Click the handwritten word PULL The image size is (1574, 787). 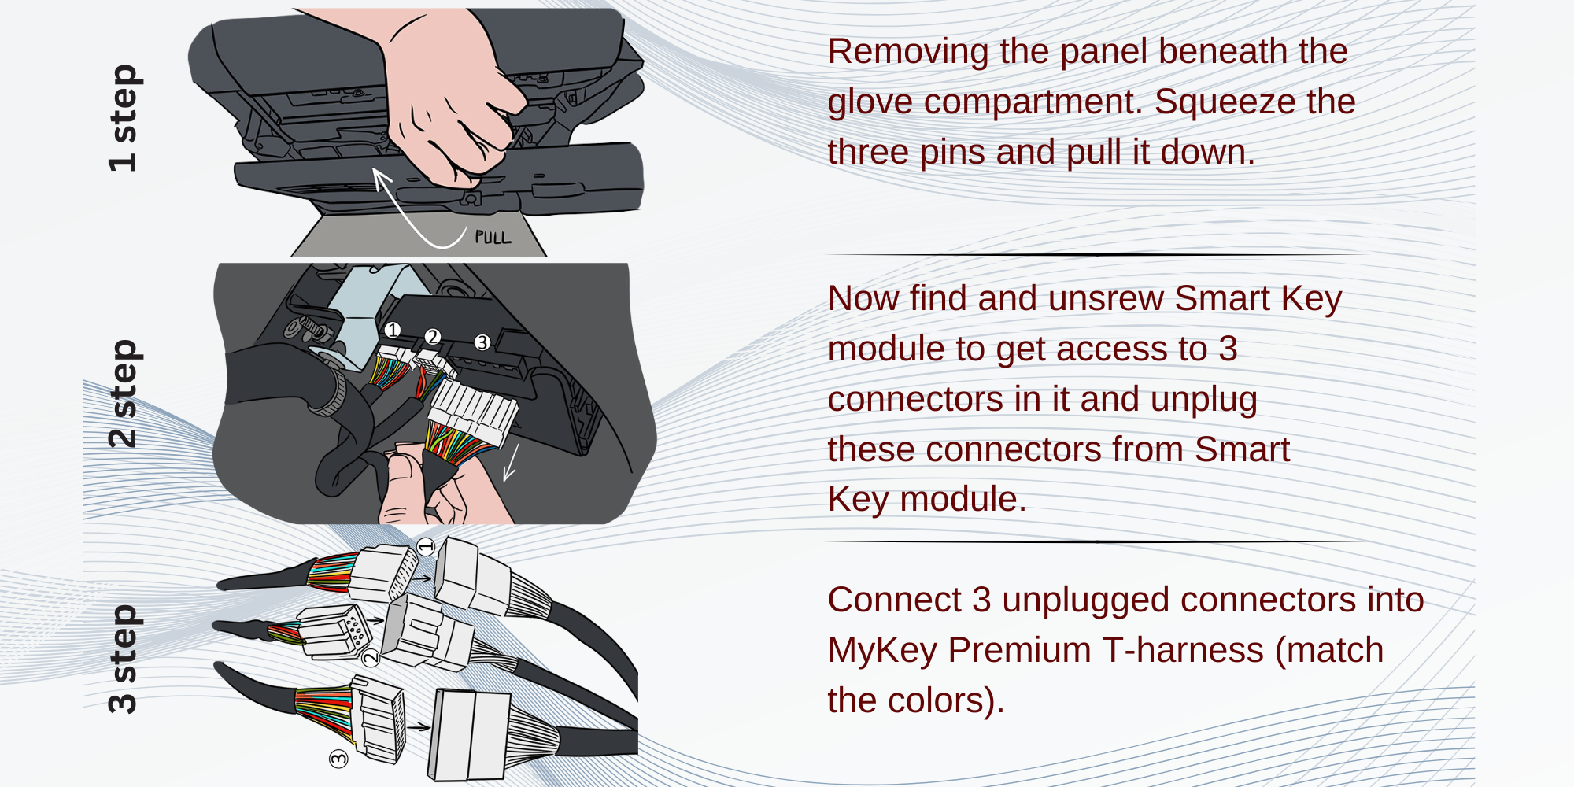[493, 237]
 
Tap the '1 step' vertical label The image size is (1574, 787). [124, 118]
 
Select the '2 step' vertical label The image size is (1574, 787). [124, 393]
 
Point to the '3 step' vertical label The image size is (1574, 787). [124, 660]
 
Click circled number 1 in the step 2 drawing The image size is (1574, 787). [392, 330]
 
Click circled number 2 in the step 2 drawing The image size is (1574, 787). [432, 337]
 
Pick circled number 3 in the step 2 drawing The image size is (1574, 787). [482, 342]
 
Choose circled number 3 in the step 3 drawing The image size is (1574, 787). [338, 759]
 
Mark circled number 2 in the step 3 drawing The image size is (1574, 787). [370, 657]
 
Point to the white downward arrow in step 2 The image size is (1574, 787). [511, 463]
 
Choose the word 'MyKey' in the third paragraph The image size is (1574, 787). [882, 651]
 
